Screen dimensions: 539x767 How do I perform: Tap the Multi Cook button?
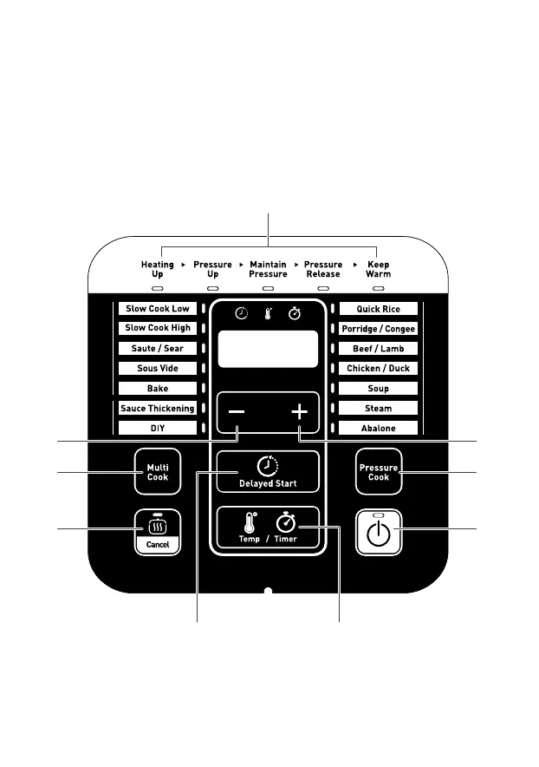click(x=157, y=472)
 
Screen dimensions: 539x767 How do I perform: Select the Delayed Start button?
click(x=268, y=471)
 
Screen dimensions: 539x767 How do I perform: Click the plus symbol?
click(x=300, y=413)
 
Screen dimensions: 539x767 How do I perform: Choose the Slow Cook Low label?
click(x=158, y=309)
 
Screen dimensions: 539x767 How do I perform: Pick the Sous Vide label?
click(x=158, y=369)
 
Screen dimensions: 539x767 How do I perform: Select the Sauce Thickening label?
click(x=158, y=409)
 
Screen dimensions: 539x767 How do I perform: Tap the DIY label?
click(x=158, y=429)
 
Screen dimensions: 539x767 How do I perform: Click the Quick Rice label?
click(x=378, y=309)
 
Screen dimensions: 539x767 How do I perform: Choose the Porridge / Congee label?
click(x=378, y=329)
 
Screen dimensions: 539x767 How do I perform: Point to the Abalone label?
click(x=378, y=429)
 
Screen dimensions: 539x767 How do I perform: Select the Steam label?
click(x=378, y=409)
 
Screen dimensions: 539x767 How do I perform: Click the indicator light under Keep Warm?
click(x=378, y=288)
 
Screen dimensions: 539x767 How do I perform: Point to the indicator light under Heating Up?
click(x=158, y=288)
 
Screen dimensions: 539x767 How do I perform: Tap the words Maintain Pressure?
click(x=268, y=269)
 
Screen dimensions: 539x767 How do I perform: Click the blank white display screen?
click(x=268, y=349)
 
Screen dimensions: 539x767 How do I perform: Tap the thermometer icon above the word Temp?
click(x=250, y=523)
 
